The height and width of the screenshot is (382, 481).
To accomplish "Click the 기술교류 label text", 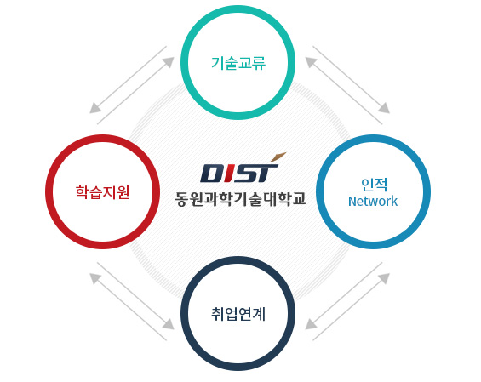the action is (238, 63).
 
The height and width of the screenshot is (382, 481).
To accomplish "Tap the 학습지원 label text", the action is (102, 192).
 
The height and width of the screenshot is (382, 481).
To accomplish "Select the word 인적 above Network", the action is (374, 185).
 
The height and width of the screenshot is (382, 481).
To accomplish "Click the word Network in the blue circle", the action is (373, 202).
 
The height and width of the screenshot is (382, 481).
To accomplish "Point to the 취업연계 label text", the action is (238, 314).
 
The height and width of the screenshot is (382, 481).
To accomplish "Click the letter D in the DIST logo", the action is (210, 174).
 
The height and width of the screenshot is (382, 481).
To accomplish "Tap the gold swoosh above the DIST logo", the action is (278, 157).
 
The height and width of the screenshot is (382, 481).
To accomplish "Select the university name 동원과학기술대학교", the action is (240, 199).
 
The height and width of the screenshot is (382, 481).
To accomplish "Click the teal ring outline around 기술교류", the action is (238, 9).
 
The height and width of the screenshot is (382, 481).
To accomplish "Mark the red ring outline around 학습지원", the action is (102, 139).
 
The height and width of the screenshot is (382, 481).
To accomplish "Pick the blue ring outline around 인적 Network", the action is (374, 139).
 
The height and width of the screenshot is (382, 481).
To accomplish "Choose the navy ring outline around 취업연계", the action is (238, 260).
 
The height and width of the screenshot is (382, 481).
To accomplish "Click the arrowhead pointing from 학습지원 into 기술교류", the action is (169, 61).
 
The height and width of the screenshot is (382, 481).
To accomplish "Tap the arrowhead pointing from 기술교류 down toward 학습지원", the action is (94, 108).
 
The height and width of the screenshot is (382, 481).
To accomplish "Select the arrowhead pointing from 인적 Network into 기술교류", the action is (311, 61).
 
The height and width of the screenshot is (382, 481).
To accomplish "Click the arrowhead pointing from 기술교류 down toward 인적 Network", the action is (384, 108).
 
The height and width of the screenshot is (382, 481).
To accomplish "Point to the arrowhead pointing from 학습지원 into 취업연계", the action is (169, 324).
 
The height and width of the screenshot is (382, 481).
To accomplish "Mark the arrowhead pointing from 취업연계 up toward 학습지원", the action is (94, 278).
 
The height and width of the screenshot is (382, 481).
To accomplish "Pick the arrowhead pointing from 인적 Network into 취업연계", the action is (311, 324).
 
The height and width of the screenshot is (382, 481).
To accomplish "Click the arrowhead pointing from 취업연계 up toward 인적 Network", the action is (384, 278).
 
